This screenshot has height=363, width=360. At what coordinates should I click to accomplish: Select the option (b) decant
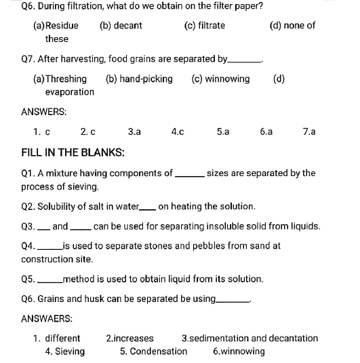pyautogui.click(x=121, y=26)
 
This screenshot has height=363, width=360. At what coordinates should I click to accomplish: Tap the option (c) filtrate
pyautogui.click(x=205, y=26)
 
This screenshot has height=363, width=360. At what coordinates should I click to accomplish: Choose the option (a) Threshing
pyautogui.click(x=60, y=79)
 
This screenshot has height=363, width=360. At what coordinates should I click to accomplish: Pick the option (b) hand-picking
pyautogui.click(x=139, y=79)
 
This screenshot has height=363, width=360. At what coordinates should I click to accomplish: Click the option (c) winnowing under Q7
pyautogui.click(x=221, y=79)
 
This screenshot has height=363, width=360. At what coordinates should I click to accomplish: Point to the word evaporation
pyautogui.click(x=70, y=91)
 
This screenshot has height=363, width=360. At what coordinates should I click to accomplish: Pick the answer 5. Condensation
pyautogui.click(x=153, y=351)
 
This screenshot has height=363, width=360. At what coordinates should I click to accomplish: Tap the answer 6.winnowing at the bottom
pyautogui.click(x=239, y=351)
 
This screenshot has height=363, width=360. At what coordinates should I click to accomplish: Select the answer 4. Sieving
pyautogui.click(x=65, y=351)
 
